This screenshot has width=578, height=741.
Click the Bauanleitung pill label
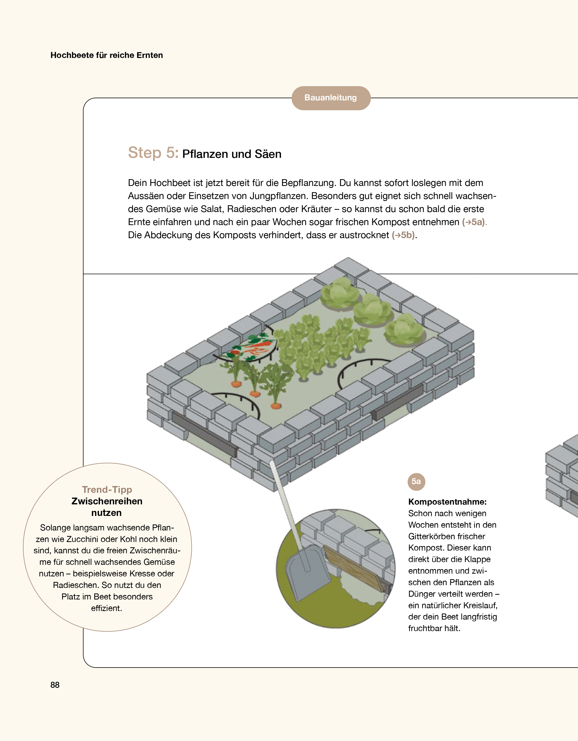click(x=331, y=98)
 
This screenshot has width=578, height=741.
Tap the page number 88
click(x=55, y=685)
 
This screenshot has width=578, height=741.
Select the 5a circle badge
click(x=416, y=482)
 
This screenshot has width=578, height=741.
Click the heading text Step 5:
click(x=153, y=153)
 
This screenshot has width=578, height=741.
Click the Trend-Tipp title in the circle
click(x=107, y=490)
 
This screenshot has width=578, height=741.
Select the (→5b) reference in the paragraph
click(x=404, y=235)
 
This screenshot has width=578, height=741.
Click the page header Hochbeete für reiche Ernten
click(x=107, y=55)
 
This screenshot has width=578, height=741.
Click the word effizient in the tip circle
click(x=107, y=608)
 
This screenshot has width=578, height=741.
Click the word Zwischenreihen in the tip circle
click(x=107, y=501)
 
